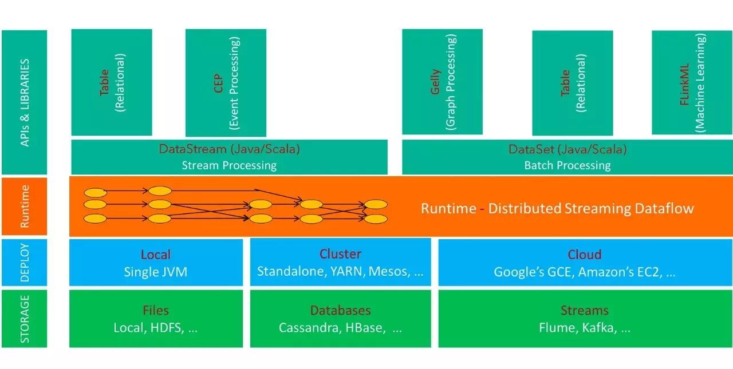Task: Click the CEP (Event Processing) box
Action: [226, 83]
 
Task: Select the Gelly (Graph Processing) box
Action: [442, 82]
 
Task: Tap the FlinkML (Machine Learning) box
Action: [692, 82]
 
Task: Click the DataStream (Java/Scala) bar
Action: [229, 157]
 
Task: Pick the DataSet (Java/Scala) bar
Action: [567, 157]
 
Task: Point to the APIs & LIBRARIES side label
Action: [25, 102]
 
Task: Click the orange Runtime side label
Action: [25, 206]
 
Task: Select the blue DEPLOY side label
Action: [25, 261]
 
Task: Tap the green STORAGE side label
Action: [25, 318]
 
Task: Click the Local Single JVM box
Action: [156, 263]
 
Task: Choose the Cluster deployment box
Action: [340, 263]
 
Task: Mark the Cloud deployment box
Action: [585, 263]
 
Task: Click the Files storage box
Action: [156, 319]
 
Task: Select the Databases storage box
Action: [340, 319]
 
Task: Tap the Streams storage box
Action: [585, 319]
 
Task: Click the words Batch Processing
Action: [567, 165]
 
